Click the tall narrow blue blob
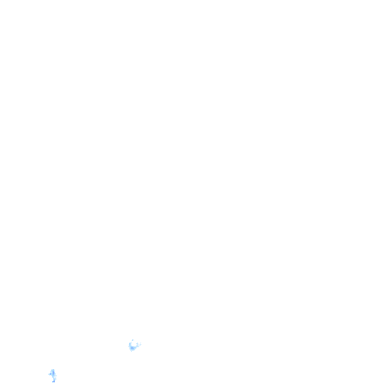(x=53, y=375)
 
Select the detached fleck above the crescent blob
(x=133, y=340)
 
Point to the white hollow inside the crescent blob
(x=134, y=344)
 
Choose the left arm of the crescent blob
(x=130, y=344)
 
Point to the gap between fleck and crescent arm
(x=131, y=342)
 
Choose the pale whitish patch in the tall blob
(x=54, y=377)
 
